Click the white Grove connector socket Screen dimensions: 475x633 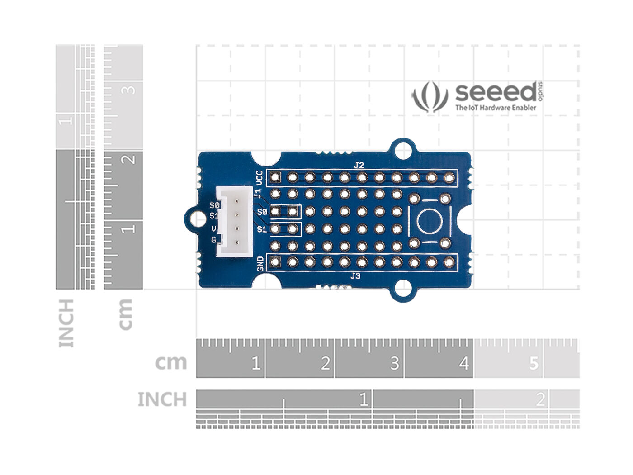[x=233, y=222]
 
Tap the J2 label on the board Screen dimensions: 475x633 [x=359, y=166]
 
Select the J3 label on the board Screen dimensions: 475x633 [x=355, y=275]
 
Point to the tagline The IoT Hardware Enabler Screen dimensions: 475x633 [x=496, y=108]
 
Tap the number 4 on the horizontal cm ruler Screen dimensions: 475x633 [x=464, y=363]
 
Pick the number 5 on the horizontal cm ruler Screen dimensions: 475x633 [x=534, y=363]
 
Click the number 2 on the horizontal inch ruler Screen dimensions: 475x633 [x=540, y=400]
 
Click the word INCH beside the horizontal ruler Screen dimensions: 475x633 [x=162, y=400]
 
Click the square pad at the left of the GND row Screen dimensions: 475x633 [x=275, y=261]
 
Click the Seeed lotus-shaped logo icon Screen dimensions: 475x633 [x=429, y=96]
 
